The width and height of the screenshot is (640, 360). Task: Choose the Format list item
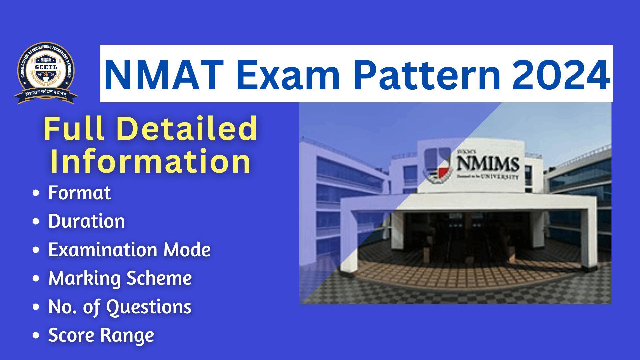click(79, 193)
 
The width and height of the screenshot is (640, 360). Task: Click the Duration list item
click(86, 221)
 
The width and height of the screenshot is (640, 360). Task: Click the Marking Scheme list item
click(120, 278)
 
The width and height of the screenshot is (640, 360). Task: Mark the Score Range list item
click(101, 335)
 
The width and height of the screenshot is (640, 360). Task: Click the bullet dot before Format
click(36, 193)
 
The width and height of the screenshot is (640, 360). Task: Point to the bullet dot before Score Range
click(36, 335)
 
